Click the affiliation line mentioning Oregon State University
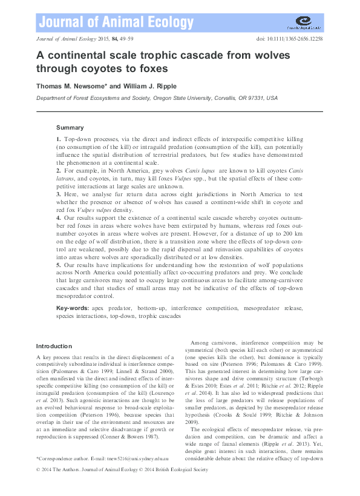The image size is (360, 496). (x=157, y=98)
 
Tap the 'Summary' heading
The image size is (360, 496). (x=70, y=128)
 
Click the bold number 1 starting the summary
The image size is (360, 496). (x=58, y=140)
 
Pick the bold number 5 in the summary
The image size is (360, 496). (x=58, y=265)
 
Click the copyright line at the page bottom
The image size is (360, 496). (x=122, y=469)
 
